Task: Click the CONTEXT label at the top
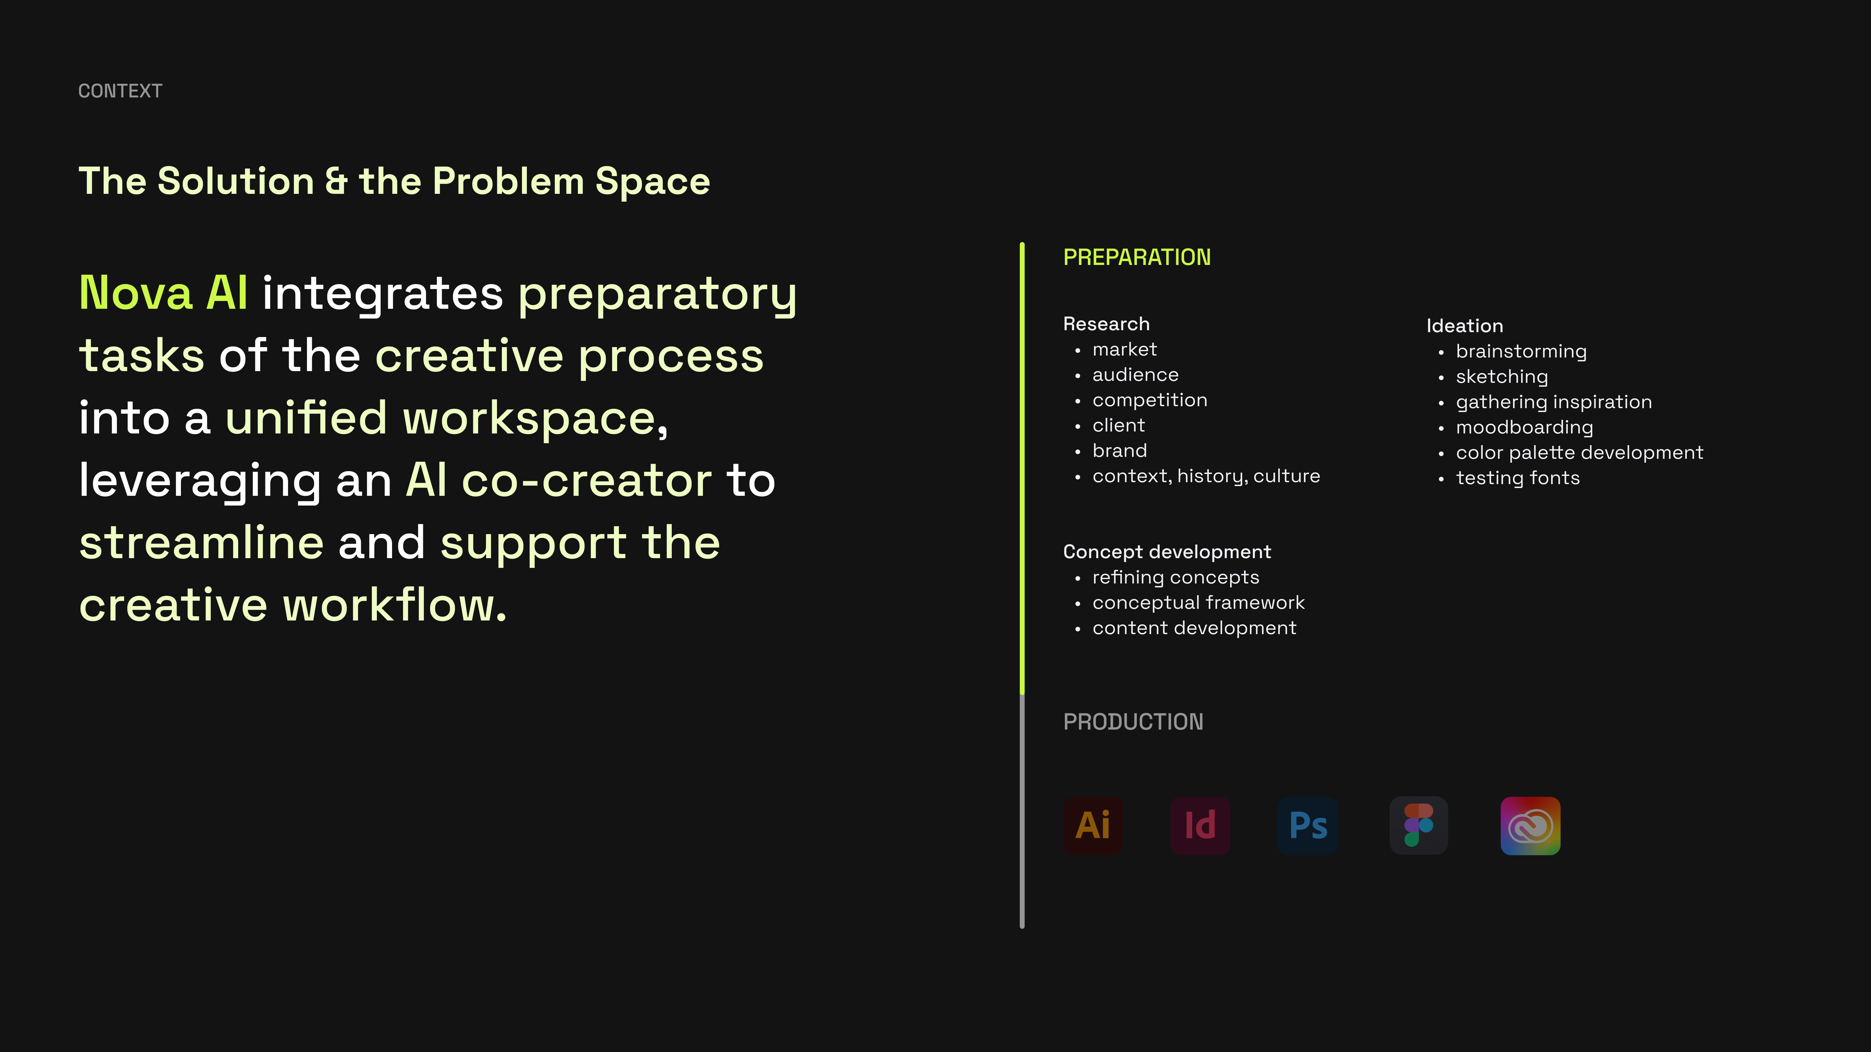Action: tap(120, 91)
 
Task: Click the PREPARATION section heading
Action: tap(1137, 257)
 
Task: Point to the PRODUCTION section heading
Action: tap(1133, 722)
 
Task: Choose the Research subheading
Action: tap(1106, 324)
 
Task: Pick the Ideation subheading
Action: tap(1464, 326)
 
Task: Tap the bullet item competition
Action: tap(1150, 400)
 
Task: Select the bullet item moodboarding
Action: tap(1524, 428)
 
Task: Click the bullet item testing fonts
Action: tap(1518, 478)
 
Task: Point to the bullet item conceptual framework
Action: tap(1198, 603)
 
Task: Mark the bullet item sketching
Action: tap(1502, 377)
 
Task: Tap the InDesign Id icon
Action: tap(1200, 825)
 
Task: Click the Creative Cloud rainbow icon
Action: tap(1530, 825)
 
